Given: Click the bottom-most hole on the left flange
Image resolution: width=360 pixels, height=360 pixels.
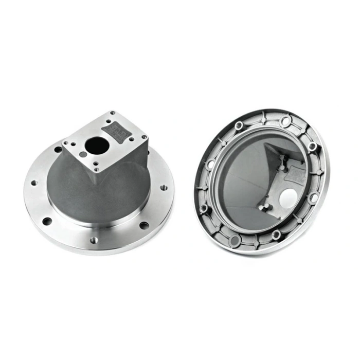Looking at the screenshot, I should tap(94, 240).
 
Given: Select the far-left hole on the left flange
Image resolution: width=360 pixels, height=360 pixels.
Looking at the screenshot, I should tap(34, 183).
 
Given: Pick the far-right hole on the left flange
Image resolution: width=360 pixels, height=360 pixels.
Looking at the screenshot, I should tap(164, 188).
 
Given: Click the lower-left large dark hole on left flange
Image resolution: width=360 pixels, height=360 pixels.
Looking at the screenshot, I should tap(47, 221).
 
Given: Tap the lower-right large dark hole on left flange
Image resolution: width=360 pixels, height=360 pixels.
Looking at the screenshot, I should tap(145, 225).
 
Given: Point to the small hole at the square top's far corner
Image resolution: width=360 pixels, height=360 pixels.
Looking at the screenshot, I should tap(113, 113).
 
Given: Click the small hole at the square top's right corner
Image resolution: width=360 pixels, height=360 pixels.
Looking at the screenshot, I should tap(145, 137).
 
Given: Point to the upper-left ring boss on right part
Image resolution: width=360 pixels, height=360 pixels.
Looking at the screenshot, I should tap(238, 126).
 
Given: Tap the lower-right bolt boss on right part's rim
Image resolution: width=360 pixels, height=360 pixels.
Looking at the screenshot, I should tap(313, 198).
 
